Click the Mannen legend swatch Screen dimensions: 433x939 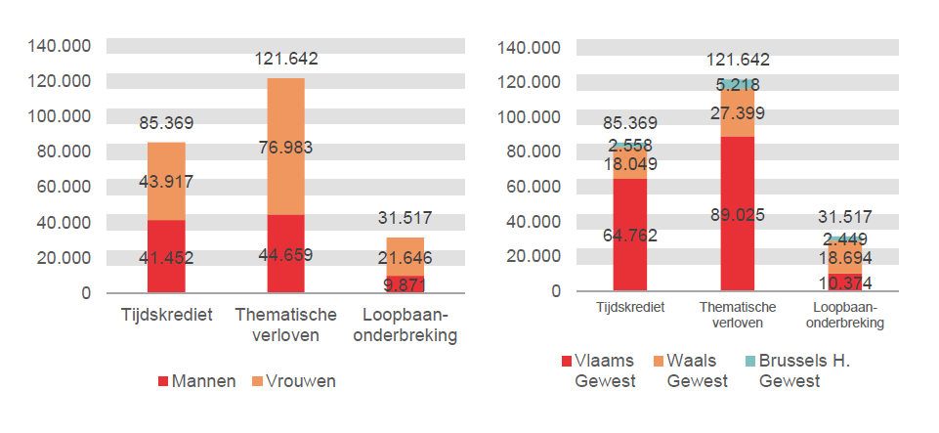click(163, 381)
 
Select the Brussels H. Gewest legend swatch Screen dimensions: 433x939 click(749, 361)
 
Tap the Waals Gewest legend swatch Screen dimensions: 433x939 click(657, 361)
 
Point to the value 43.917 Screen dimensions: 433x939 click(166, 181)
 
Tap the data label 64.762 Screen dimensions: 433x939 click(631, 235)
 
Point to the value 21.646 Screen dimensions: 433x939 click(405, 258)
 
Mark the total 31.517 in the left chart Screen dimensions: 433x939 click(405, 218)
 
